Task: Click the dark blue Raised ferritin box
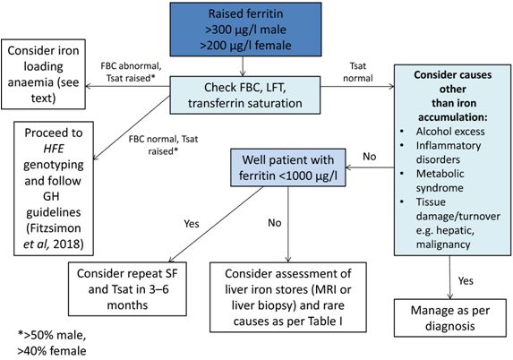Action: click(245, 30)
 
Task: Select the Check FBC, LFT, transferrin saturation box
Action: click(245, 95)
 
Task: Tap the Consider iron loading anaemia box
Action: click(43, 74)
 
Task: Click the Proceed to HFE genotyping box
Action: click(54, 189)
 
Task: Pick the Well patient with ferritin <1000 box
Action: click(288, 167)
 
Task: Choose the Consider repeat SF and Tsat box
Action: click(127, 289)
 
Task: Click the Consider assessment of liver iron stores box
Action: click(288, 297)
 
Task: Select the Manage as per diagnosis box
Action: click(450, 318)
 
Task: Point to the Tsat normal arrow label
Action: click(358, 72)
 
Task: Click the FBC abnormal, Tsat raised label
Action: click(131, 72)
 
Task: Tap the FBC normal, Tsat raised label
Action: click(163, 145)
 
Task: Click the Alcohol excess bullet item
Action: click(450, 132)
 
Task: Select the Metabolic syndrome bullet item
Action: click(440, 181)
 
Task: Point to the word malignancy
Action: click(443, 244)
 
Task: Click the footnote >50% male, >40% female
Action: click(52, 343)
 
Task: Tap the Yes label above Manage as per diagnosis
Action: click(466, 281)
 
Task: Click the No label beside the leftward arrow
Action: click(370, 157)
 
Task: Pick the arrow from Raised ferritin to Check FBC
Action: click(243, 66)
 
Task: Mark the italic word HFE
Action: click(54, 149)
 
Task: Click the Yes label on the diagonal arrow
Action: click(192, 224)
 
